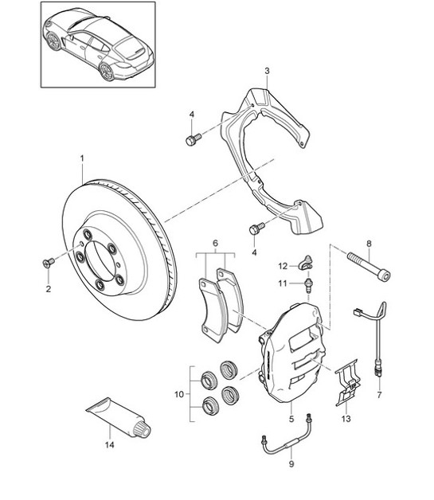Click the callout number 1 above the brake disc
coord(81,158)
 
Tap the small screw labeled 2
coord(48,260)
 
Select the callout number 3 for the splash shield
coord(268,71)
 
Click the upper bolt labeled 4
coord(191,140)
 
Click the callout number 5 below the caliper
coord(291,417)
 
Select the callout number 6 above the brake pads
coord(215,243)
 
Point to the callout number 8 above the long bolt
coord(369,243)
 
